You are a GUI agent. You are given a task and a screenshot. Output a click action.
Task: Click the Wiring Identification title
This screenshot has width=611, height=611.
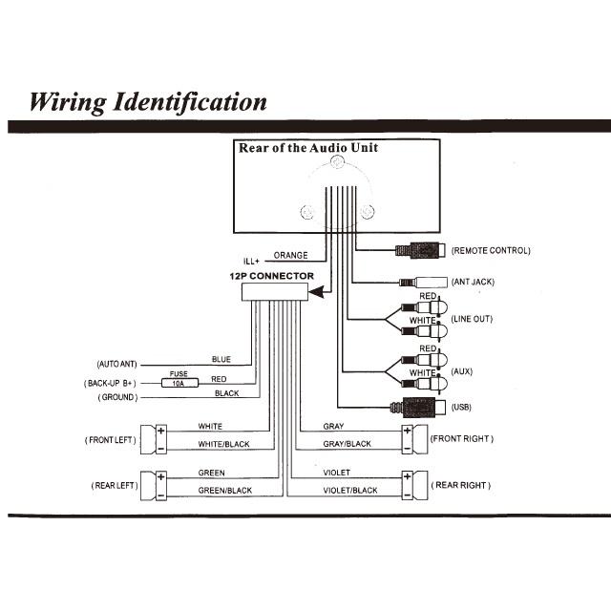click(148, 101)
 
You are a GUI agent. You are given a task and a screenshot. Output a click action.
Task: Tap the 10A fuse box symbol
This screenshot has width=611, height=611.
click(178, 381)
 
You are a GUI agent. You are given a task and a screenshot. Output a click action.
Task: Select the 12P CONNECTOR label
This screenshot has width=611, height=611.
click(271, 276)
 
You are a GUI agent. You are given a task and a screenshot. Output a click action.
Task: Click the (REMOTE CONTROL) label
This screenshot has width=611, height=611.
click(491, 251)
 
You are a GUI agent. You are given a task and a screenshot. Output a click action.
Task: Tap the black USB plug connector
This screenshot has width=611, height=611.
click(416, 407)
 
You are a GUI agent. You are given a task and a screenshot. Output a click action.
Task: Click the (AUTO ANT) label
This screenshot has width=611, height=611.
click(116, 365)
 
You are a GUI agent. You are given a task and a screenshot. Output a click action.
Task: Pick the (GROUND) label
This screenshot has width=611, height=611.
click(117, 397)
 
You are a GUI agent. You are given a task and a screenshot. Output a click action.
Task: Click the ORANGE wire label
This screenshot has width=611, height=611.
click(290, 256)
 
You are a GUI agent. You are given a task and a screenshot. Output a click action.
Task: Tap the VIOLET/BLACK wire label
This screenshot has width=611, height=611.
click(350, 491)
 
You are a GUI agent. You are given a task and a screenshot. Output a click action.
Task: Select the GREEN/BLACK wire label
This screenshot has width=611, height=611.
click(224, 491)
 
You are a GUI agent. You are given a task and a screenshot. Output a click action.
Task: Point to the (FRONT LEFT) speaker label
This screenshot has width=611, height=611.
click(110, 440)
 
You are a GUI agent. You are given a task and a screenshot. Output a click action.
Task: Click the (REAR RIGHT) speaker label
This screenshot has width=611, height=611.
click(462, 485)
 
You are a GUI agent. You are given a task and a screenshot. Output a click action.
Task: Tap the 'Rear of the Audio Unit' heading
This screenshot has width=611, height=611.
click(307, 148)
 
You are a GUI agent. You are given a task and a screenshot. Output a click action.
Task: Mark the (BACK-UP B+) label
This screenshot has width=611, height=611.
click(112, 382)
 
